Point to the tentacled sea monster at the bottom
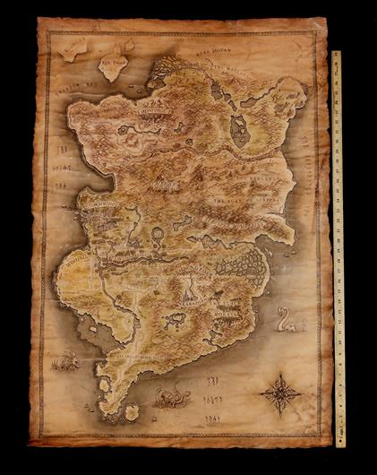click(171, 394)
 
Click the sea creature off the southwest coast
click(66, 360)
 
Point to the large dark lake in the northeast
click(239, 131)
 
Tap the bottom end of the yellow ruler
click(339, 443)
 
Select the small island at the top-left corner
click(73, 46)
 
